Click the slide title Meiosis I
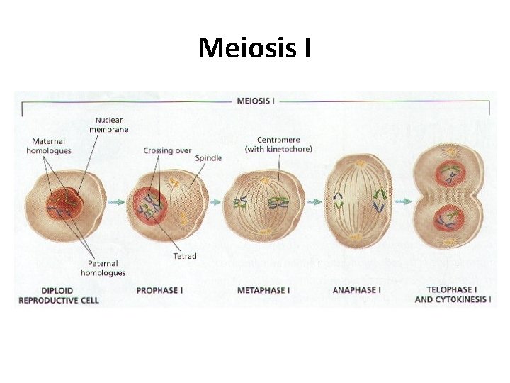click(x=255, y=49)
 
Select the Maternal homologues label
click(x=49, y=146)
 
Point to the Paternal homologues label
click(x=103, y=268)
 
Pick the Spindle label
click(x=208, y=157)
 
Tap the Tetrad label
click(x=185, y=256)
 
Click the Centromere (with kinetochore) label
click(x=278, y=145)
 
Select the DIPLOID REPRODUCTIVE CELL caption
click(x=58, y=295)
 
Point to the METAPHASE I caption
click(x=263, y=290)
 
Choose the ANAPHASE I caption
click(x=356, y=290)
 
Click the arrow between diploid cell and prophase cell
click(x=114, y=202)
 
